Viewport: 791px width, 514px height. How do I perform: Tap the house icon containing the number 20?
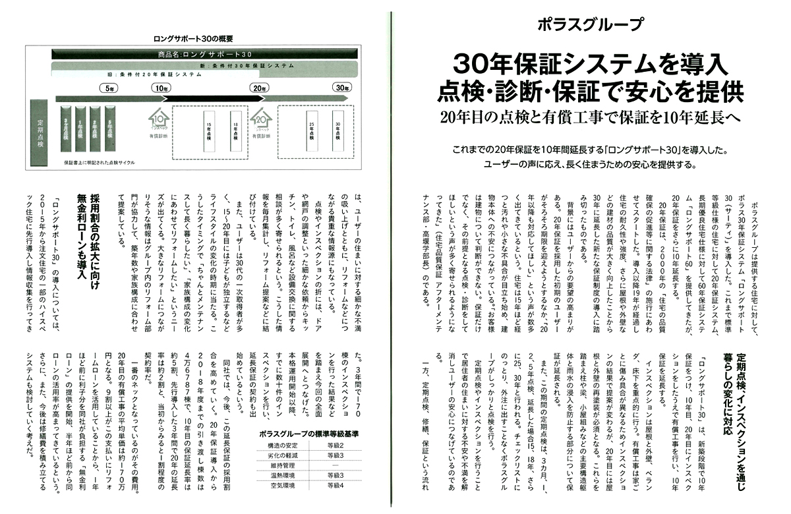(x=261, y=119)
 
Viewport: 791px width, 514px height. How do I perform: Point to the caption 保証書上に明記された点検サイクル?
(x=105, y=161)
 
